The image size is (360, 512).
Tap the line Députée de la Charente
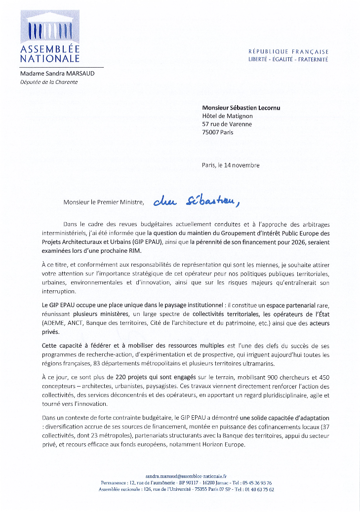coord(49,82)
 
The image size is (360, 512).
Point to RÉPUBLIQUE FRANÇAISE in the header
coord(288,52)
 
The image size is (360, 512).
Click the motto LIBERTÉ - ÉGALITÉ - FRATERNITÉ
coord(288,59)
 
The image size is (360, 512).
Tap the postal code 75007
coord(211,132)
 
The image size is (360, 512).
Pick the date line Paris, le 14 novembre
coord(231,165)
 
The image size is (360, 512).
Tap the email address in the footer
coord(180,474)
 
